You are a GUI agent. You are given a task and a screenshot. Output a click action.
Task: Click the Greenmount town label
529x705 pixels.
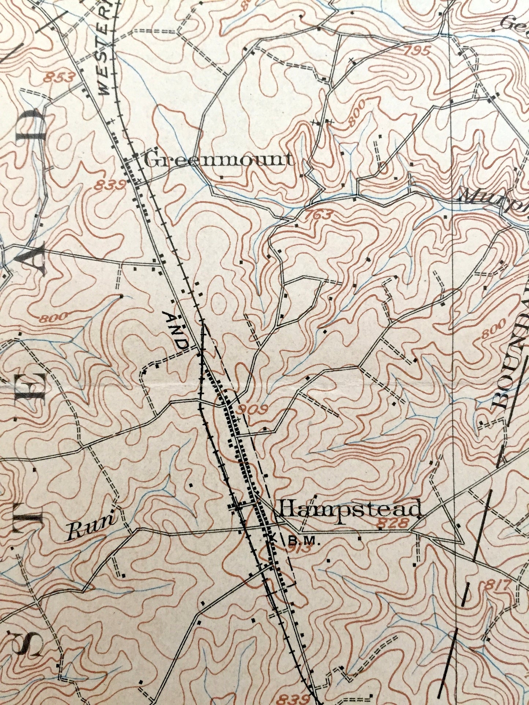pos(219,160)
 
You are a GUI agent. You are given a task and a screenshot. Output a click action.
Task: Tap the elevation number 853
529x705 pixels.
pos(59,78)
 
